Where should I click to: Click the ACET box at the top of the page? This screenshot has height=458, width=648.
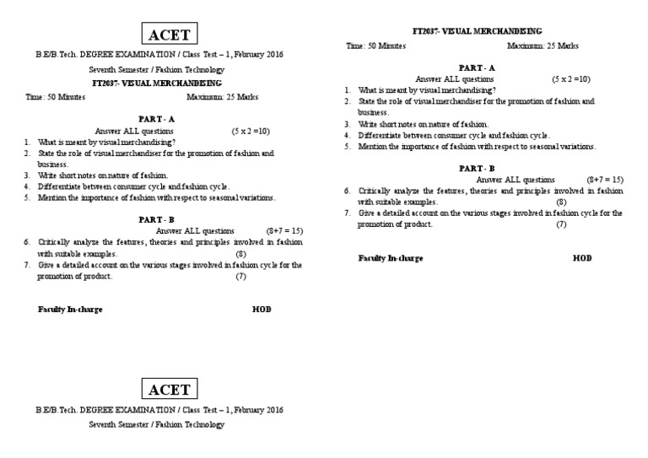click(170, 35)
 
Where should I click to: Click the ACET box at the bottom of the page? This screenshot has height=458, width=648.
click(170, 389)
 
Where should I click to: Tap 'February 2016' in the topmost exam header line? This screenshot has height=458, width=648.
click(258, 54)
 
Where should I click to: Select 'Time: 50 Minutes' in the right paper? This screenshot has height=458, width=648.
click(375, 46)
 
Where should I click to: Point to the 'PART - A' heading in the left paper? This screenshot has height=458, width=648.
click(156, 120)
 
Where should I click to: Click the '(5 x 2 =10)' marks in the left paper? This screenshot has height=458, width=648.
click(251, 132)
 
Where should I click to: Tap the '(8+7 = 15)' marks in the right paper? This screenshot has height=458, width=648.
click(604, 180)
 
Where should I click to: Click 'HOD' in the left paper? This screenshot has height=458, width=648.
click(262, 310)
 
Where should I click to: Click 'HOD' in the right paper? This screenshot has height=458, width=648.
click(582, 258)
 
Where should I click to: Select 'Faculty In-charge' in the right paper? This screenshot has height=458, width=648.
click(391, 258)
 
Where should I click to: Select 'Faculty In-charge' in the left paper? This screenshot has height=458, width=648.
click(70, 310)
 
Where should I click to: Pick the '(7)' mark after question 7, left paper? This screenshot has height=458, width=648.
click(240, 276)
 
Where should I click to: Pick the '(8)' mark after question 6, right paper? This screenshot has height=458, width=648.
click(561, 202)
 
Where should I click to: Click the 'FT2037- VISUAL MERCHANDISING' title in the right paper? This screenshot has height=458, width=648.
click(477, 31)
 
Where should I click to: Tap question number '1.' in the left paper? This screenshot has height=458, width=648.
click(28, 143)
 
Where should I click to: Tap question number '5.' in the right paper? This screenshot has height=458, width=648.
click(348, 146)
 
